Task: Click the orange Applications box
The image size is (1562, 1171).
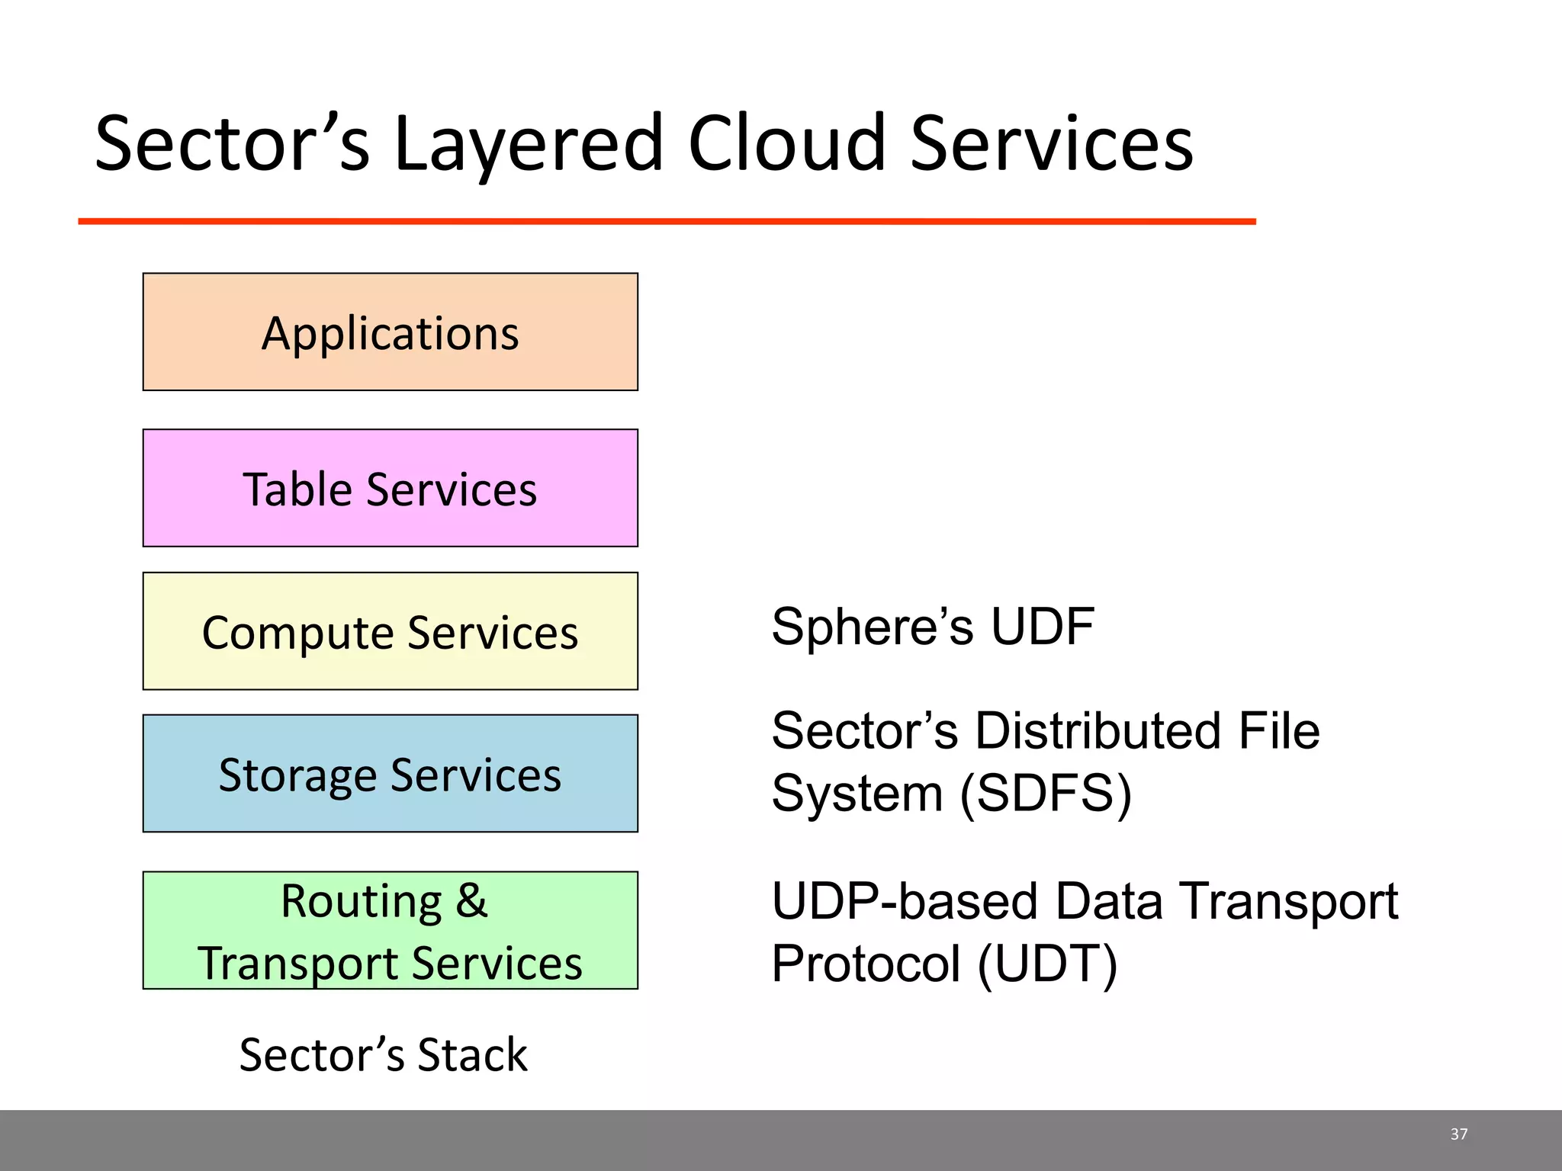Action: pos(390,332)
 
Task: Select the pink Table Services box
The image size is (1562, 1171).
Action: pos(390,488)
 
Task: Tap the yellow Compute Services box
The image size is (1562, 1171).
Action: pos(390,631)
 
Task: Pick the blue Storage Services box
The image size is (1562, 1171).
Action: pos(390,774)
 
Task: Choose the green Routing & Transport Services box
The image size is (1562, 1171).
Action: pos(390,930)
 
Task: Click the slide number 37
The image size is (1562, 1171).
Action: pos(1458,1134)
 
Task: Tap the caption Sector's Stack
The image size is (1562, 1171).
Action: pos(383,1055)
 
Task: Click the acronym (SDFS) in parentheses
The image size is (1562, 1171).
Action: pos(1045,794)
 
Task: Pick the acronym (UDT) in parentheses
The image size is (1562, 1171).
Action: pos(1046,964)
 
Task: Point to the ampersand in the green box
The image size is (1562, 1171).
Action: pos(471,901)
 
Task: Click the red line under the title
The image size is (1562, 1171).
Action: pos(667,221)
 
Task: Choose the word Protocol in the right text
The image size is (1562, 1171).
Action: pos(865,964)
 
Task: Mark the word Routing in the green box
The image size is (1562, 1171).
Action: pos(361,901)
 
